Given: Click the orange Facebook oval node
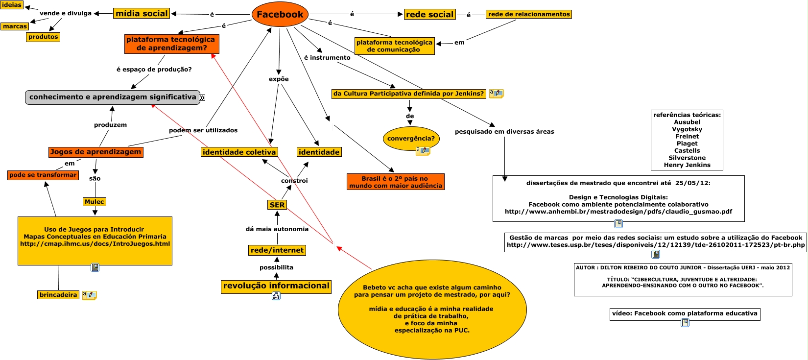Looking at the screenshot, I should (280, 15).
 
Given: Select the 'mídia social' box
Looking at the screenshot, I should (142, 14).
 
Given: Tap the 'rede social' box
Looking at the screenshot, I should (429, 15).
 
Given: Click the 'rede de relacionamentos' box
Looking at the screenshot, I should (529, 14).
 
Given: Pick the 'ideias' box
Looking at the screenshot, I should (12, 5).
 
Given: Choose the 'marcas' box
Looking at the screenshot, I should (15, 26).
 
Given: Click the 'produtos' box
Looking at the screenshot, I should (43, 37).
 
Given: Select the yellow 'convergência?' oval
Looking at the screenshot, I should (411, 139).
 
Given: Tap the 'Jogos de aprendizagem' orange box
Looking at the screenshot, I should (95, 152).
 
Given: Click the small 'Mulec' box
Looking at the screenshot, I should (94, 202).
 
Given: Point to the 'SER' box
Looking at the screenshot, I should (277, 205).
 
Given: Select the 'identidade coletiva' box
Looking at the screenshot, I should (239, 152).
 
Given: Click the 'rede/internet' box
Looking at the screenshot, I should (277, 250).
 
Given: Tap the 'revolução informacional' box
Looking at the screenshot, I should (276, 286).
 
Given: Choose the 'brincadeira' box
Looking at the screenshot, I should (58, 295).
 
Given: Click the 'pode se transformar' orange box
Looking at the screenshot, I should (43, 175).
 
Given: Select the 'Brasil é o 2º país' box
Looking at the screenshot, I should (395, 182).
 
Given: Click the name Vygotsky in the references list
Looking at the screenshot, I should (687, 129).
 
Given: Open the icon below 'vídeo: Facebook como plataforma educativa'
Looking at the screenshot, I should (685, 323).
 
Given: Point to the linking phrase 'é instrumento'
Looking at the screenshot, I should (327, 58).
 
